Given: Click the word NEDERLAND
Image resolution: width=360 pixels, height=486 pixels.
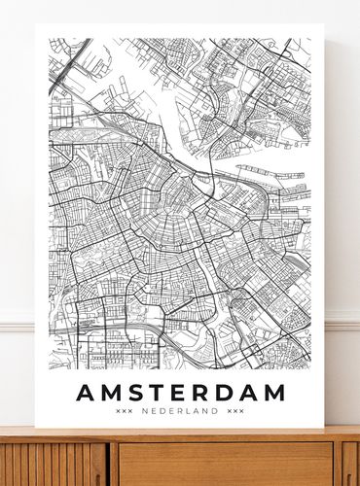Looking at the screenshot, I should (x=180, y=412).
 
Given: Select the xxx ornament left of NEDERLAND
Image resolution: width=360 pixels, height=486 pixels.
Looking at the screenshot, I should (x=124, y=412).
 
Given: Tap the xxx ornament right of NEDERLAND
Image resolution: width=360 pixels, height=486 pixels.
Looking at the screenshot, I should (x=235, y=412).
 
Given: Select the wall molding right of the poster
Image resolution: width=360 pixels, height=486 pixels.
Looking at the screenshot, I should (x=342, y=321).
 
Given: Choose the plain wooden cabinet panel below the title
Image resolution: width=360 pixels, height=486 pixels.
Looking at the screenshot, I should (x=224, y=465).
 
